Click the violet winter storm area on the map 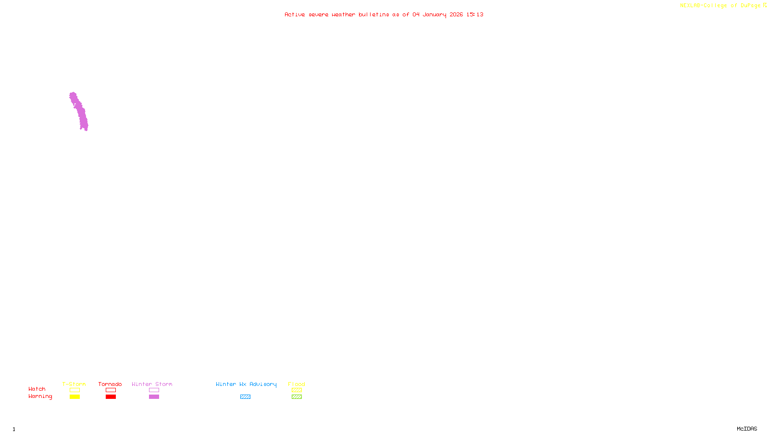point(79,111)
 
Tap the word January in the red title point(434,14)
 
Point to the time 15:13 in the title point(475,14)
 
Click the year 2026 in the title point(456,14)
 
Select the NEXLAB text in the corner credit point(690,5)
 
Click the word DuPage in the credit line point(750,5)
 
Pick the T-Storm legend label point(74,384)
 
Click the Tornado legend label point(110,384)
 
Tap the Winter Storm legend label point(152,384)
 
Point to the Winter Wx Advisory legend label point(246,384)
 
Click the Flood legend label point(297,384)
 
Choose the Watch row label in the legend point(37,389)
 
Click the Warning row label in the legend point(40,396)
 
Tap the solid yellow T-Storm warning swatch point(74,397)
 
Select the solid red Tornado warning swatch point(111,397)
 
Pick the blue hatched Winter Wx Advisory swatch point(245,397)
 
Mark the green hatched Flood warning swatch point(297,397)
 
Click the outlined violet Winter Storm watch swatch point(154,390)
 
